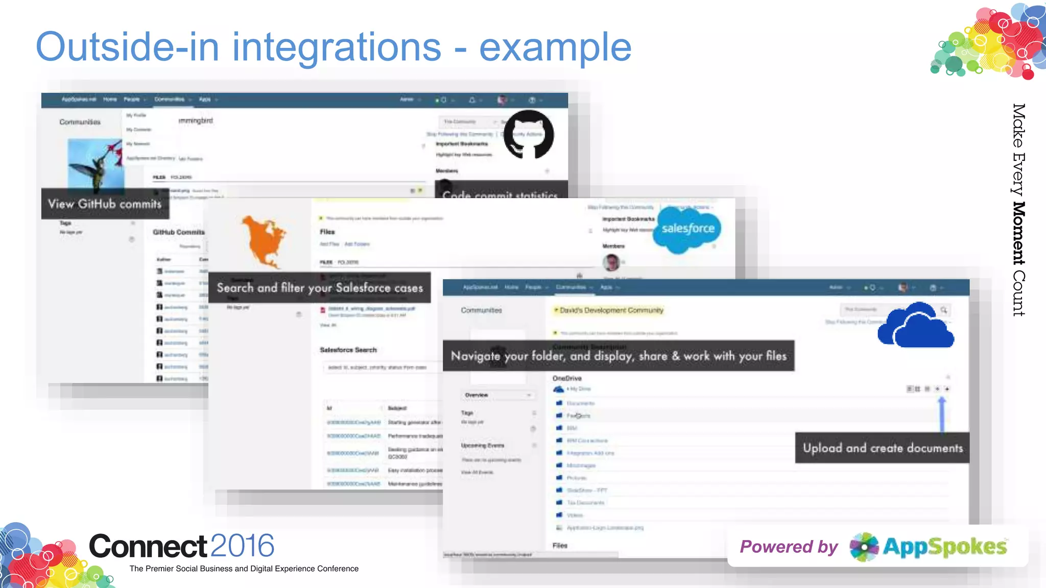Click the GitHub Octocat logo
(529, 134)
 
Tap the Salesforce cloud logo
(687, 229)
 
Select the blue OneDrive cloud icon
(915, 326)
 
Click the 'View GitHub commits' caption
(105, 204)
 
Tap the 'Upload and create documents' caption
(882, 448)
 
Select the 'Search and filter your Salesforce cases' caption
(320, 288)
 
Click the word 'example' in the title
(555, 47)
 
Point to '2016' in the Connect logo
(242, 546)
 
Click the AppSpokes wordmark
(944, 547)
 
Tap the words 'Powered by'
(789, 547)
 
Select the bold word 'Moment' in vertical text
(1018, 233)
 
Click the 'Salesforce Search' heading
(348, 350)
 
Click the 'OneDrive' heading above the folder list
(567, 378)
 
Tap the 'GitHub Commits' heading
(178, 232)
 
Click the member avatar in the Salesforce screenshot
(611, 262)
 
